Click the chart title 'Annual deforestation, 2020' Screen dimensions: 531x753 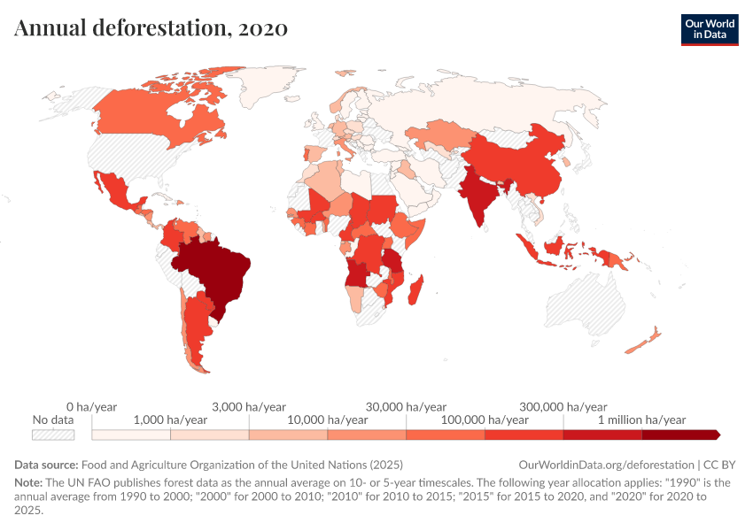click(x=151, y=27)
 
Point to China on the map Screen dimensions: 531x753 click(x=523, y=164)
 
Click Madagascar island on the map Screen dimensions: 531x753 click(x=419, y=288)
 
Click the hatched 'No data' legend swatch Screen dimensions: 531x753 click(x=51, y=435)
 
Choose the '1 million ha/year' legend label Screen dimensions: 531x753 click(x=642, y=419)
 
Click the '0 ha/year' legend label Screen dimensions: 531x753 click(x=92, y=406)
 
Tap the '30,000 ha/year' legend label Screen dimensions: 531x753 click(x=406, y=406)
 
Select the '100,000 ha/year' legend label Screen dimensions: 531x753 click(x=485, y=419)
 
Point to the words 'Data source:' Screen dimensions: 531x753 click(x=46, y=465)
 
